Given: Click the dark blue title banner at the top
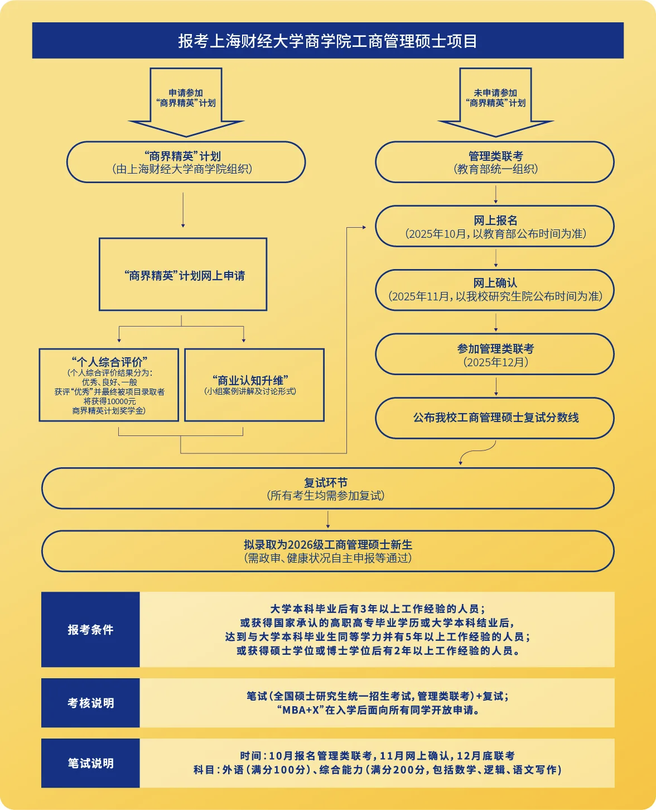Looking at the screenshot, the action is click(x=327, y=40).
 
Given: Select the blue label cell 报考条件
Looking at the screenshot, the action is click(x=90, y=629).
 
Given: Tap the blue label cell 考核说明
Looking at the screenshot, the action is click(x=90, y=703).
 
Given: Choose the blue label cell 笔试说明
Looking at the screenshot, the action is click(x=90, y=763).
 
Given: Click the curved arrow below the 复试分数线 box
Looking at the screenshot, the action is click(x=476, y=451).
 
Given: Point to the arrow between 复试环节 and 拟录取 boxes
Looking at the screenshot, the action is click(x=328, y=520).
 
